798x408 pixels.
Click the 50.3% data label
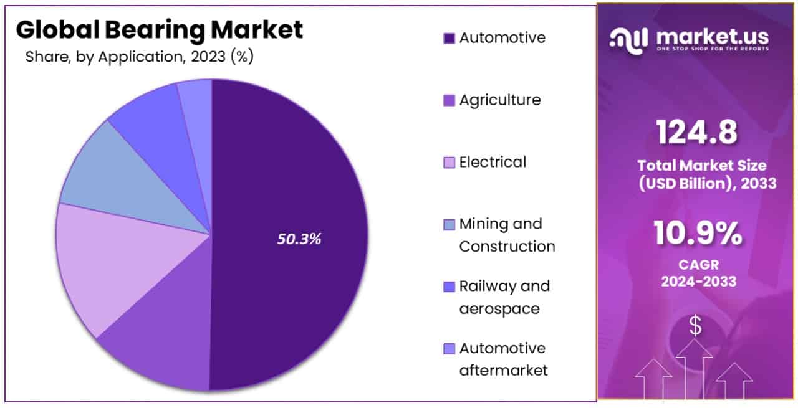(299, 239)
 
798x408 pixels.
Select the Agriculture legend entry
(499, 100)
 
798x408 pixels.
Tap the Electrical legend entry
(493, 162)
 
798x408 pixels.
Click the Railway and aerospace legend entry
(504, 297)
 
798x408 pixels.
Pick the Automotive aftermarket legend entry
(502, 359)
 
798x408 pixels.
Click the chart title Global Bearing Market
(160, 30)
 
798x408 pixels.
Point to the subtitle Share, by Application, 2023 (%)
(139, 57)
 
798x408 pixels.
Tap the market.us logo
(689, 40)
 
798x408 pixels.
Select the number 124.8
(697, 132)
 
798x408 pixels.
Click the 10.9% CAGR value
(698, 234)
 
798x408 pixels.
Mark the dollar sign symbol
(695, 326)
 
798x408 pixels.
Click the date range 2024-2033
(698, 281)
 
